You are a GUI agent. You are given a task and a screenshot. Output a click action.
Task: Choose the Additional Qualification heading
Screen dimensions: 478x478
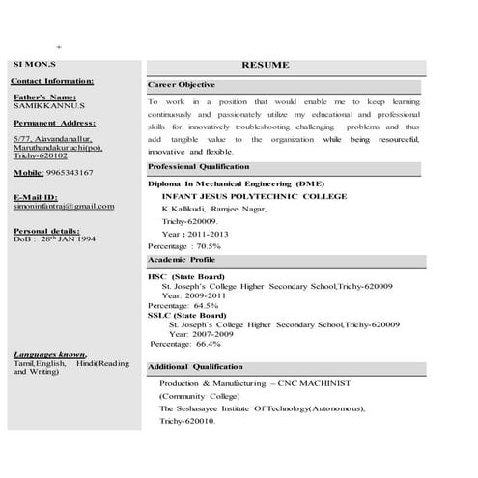[x=195, y=367]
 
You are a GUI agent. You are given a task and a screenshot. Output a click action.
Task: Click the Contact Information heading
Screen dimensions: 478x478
[x=53, y=81]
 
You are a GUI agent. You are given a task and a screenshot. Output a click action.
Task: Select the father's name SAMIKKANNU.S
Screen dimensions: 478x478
[x=49, y=105]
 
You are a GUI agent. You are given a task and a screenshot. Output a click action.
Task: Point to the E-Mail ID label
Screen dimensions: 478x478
[x=37, y=197]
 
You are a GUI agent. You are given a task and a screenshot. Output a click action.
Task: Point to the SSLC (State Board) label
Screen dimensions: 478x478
[x=186, y=315]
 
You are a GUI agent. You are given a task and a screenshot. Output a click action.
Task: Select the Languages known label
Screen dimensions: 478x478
[x=49, y=355]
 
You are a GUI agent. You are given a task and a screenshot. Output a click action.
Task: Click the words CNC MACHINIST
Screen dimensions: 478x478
[x=318, y=383]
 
